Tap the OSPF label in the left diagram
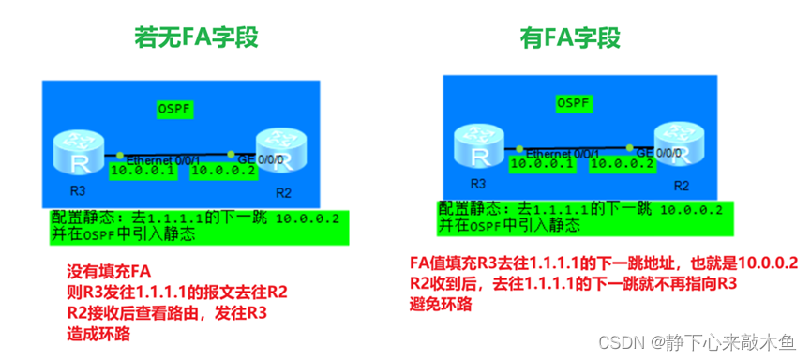pos(173,110)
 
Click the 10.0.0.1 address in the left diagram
pos(143,171)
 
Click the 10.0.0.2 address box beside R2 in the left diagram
pos(222,171)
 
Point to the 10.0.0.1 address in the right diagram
pos(541,163)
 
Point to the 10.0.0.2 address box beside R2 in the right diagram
pos(622,163)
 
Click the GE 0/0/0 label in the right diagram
pos(659,152)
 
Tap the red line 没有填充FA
pos(109,273)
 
